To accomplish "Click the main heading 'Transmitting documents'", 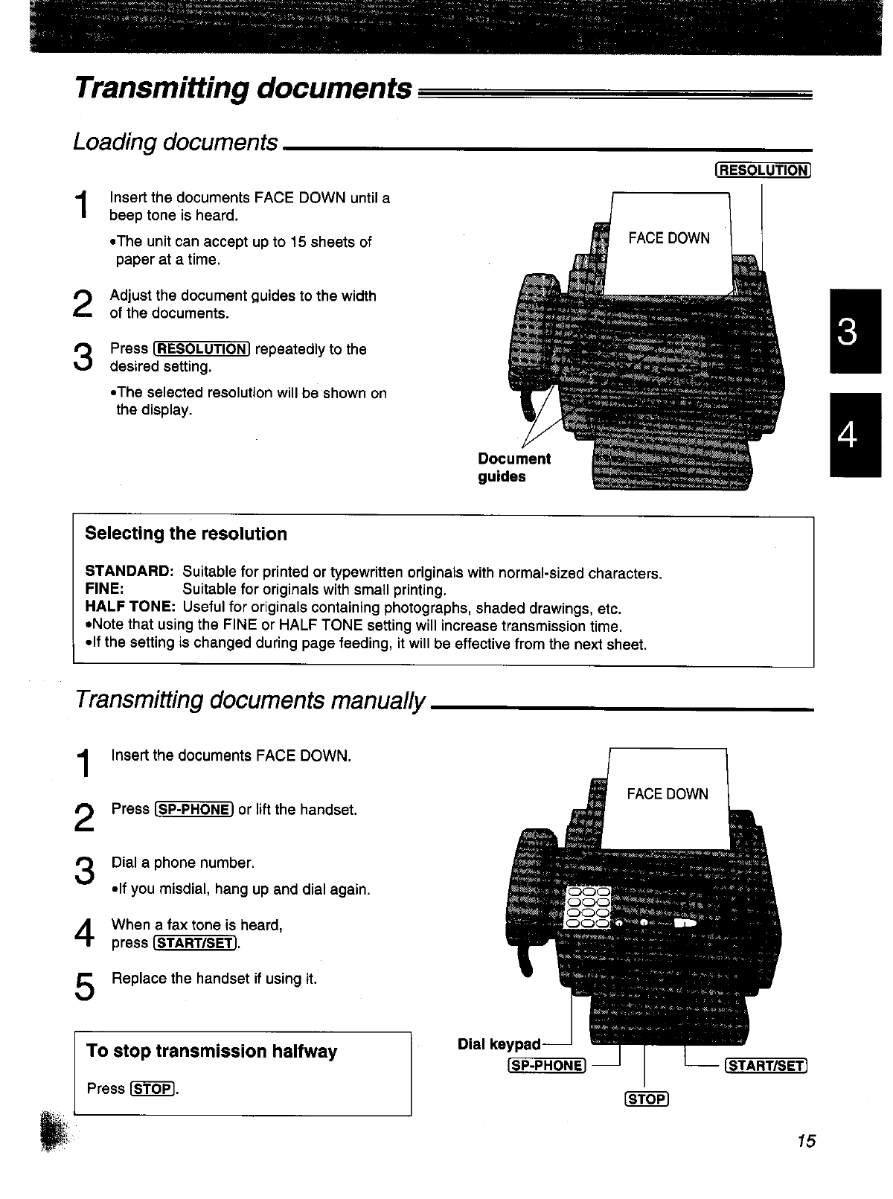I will pos(243,89).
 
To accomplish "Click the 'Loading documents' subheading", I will pos(176,141).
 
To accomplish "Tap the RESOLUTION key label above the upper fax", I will pos(762,170).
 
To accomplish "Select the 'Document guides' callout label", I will pos(514,467).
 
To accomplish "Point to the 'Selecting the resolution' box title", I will pos(186,534).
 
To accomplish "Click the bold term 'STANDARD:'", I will pos(129,572).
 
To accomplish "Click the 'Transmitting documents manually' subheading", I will pos(251,700).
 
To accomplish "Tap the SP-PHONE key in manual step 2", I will pos(194,810).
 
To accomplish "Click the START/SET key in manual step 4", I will pos(194,944).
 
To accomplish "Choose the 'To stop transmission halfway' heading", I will pos(212,1051).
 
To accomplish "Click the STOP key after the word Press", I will pos(152,1090).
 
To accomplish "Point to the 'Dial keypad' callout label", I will pos(499,1044).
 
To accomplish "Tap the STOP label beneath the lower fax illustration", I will pos(647,1099).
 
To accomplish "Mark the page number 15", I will pos(806,1141).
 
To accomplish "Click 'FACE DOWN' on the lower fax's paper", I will pos(668,794).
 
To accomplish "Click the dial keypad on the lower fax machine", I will pos(588,907).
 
